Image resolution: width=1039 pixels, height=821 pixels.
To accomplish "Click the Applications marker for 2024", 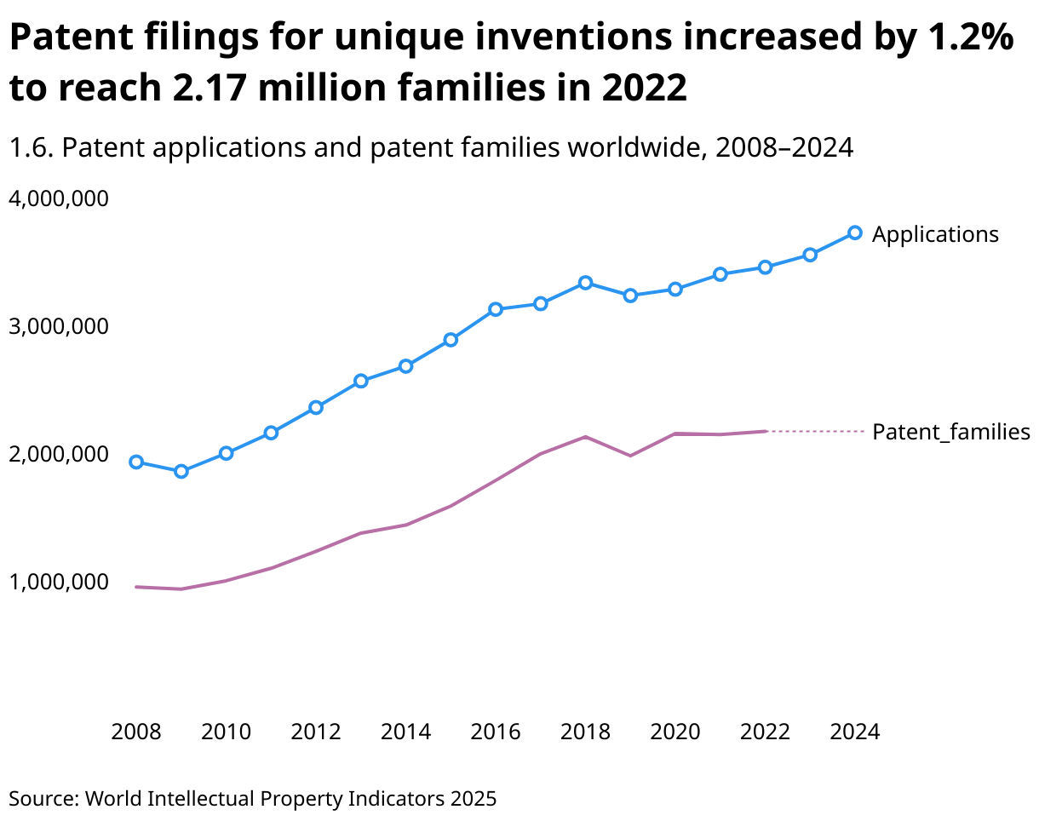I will click(x=855, y=233).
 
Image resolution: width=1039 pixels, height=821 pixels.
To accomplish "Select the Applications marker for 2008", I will click(x=136, y=462).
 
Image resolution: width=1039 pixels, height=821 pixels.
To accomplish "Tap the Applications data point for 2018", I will click(x=586, y=282).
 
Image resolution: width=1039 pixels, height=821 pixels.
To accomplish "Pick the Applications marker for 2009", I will click(x=181, y=471).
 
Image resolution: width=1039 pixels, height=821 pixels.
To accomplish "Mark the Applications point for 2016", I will click(x=496, y=309).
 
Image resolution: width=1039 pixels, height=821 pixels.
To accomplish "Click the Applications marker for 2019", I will click(x=630, y=296).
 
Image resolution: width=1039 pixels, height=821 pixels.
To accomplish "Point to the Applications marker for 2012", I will click(x=316, y=407).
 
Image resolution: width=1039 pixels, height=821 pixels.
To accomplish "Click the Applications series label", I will click(x=935, y=234).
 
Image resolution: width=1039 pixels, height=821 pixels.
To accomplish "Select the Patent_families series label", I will click(x=950, y=432).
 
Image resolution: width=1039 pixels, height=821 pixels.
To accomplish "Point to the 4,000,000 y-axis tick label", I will click(x=59, y=198).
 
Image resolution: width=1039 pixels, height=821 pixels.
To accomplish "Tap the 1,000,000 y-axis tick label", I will click(x=59, y=582).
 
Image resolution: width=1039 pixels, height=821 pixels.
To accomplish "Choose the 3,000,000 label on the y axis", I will click(x=59, y=326).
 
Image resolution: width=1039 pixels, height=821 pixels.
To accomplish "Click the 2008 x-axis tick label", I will click(x=136, y=732).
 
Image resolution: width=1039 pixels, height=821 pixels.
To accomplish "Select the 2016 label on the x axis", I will click(x=496, y=732).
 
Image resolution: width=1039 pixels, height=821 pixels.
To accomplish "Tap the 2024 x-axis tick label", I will click(x=855, y=732).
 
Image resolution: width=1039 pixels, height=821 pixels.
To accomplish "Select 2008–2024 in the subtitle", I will click(x=784, y=148).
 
